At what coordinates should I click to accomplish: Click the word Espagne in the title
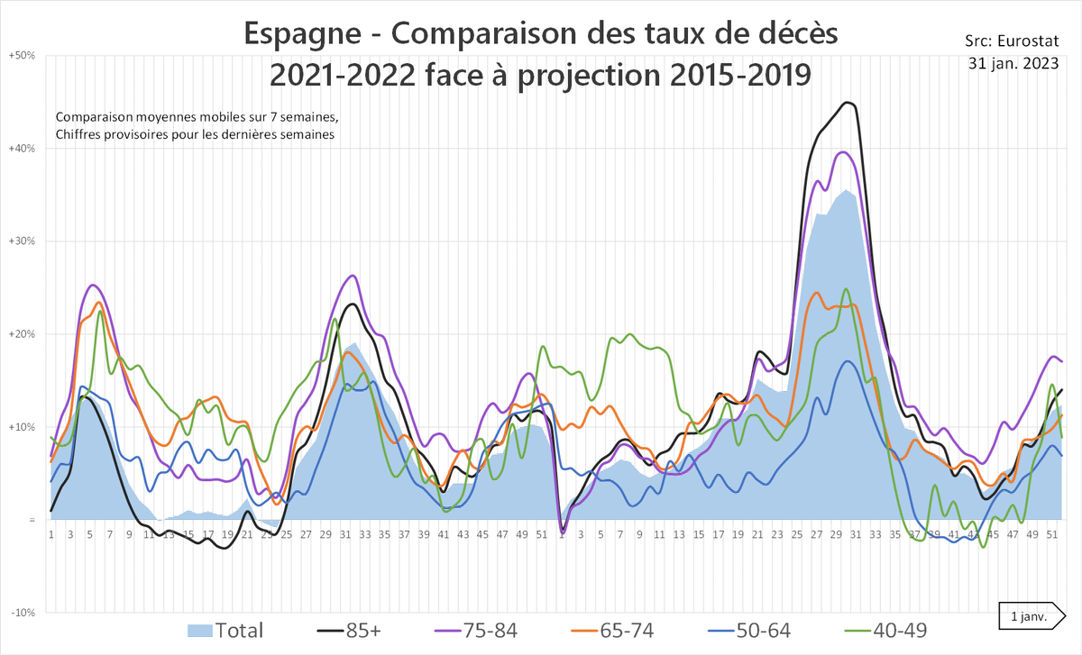pyautogui.click(x=305, y=36)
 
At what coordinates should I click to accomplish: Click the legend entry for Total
pyautogui.click(x=225, y=630)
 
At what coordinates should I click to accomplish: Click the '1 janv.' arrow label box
pyautogui.click(x=1031, y=616)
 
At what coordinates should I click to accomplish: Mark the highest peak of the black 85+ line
pyautogui.click(x=848, y=103)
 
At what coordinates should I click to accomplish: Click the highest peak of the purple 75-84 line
pyautogui.click(x=843, y=152)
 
